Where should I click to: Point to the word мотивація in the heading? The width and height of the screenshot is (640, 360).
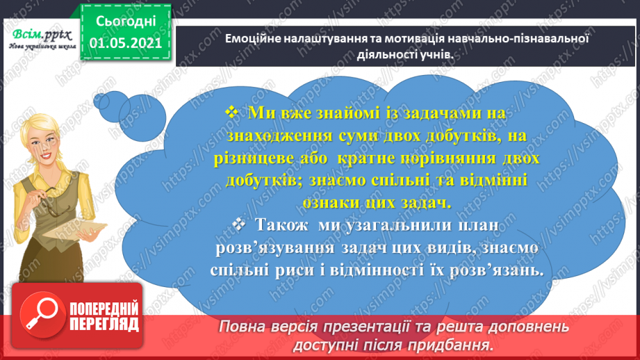[394, 39]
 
